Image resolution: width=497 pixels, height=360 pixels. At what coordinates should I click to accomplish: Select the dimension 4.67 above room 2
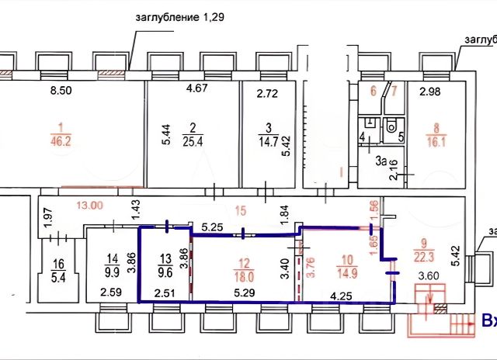click(199, 88)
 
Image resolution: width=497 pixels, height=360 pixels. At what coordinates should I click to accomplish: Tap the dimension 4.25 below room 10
click(340, 295)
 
